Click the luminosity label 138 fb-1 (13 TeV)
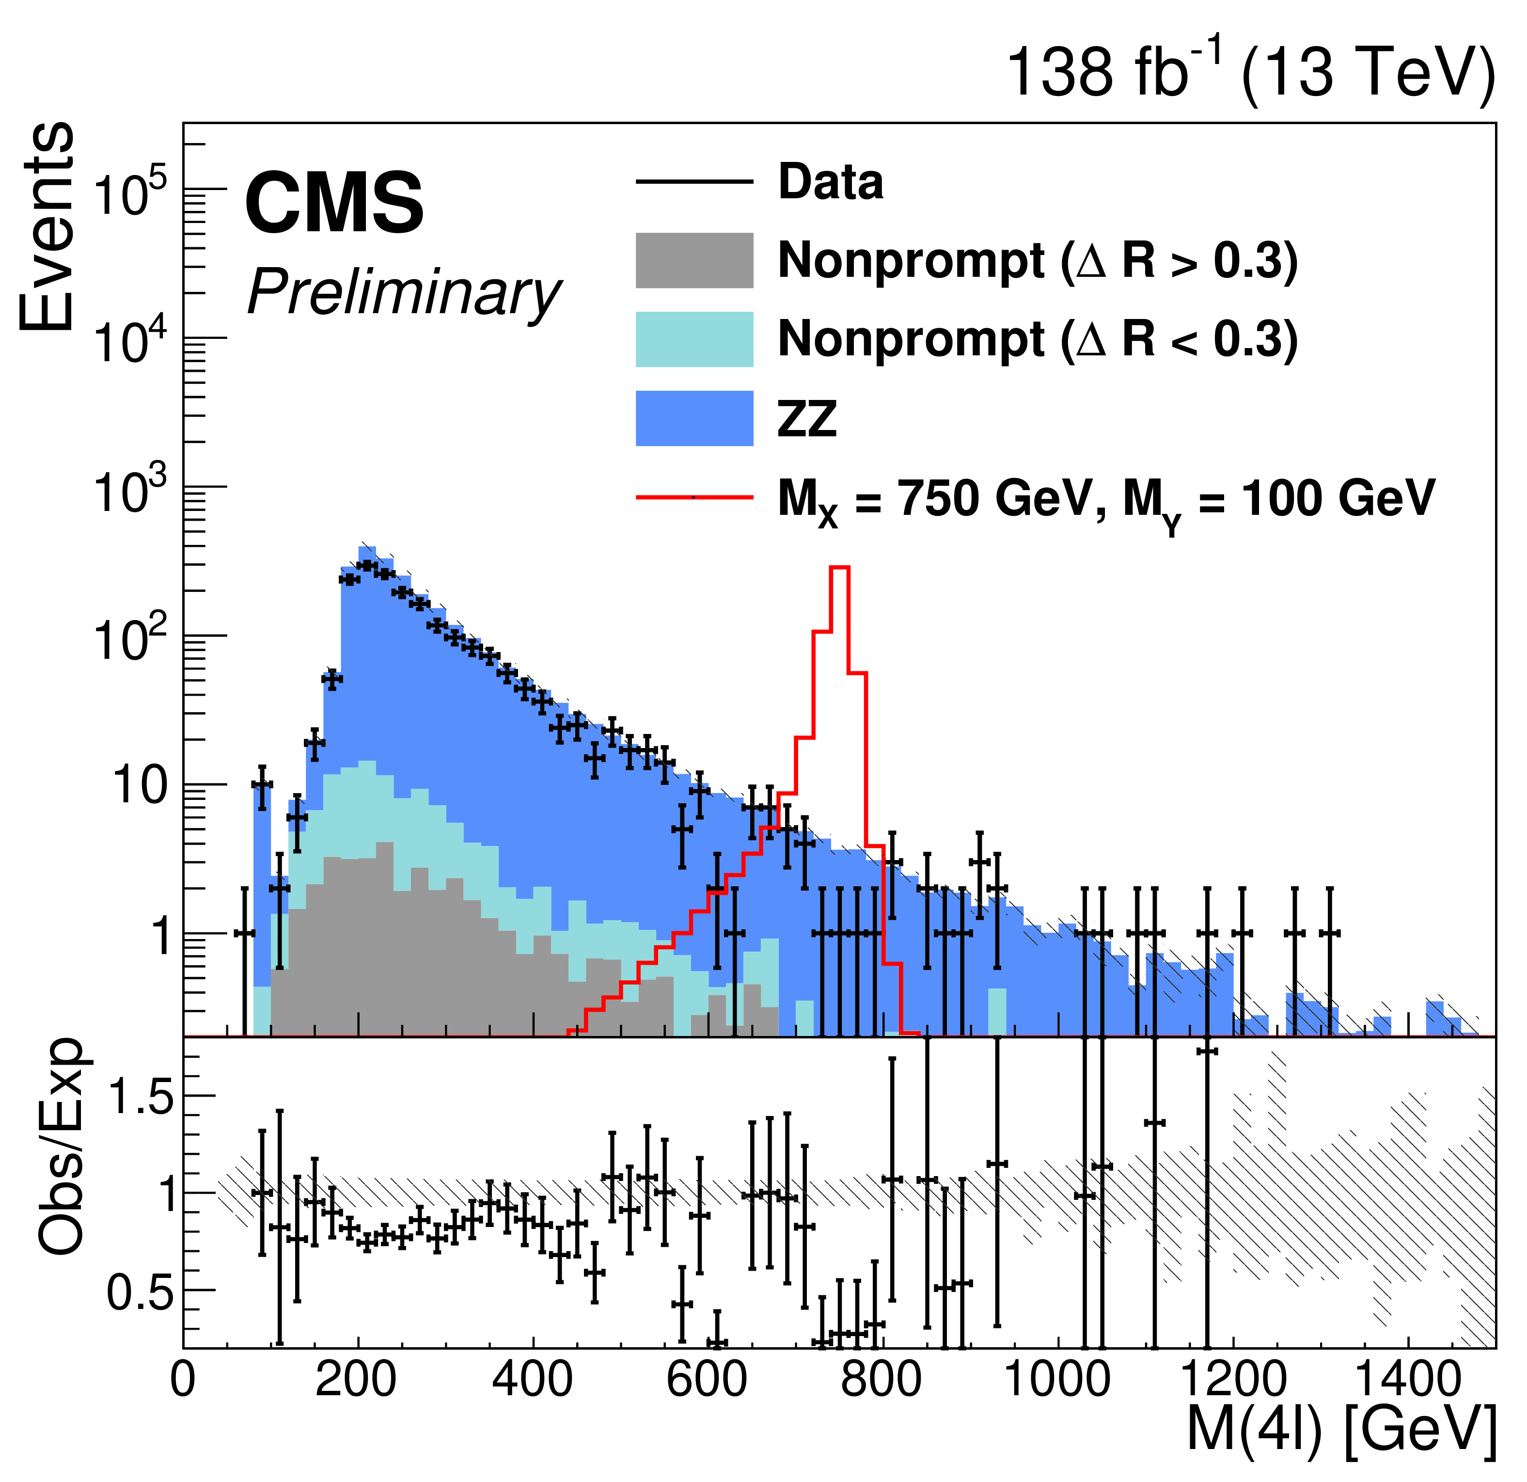(x=1250, y=72)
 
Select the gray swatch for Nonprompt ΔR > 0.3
(x=694, y=260)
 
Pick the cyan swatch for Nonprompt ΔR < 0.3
(x=694, y=339)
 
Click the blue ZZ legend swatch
(x=694, y=418)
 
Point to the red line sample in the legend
(x=694, y=496)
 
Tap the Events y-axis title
(x=48, y=226)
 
